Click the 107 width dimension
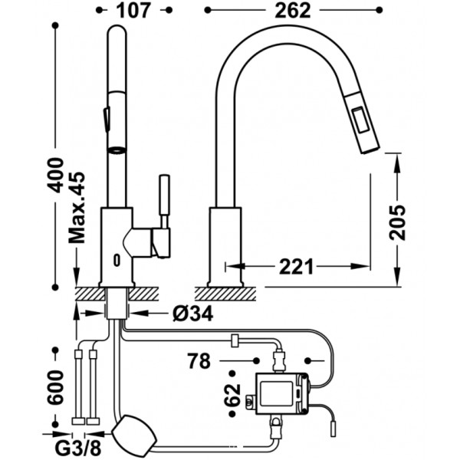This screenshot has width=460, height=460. coord(133,11)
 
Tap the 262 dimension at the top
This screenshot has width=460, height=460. coord(293,11)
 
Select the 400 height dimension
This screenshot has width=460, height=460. coord(56,175)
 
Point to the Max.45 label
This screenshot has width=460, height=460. coord(77,208)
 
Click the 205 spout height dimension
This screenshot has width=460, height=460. coord(397,222)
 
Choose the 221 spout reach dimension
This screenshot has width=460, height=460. coord(296,266)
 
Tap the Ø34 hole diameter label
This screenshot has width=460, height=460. coord(192,314)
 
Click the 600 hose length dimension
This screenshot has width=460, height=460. coord(55,387)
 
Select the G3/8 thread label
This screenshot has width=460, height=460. coord(78,448)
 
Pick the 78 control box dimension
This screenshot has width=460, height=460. coord(199,361)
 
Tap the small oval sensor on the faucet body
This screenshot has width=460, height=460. coord(117,260)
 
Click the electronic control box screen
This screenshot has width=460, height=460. coord(276,394)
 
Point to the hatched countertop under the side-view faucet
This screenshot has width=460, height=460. coord(225,294)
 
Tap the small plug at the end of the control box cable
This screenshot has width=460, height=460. coord(333,429)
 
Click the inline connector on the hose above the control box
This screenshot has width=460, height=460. coord(235,340)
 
